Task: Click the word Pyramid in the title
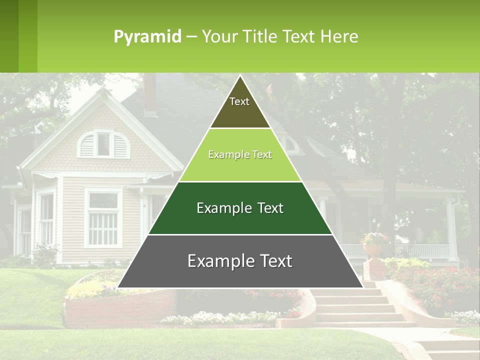click(147, 36)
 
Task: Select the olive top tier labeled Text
click(239, 107)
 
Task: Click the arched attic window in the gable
click(103, 144)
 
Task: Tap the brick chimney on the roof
click(149, 95)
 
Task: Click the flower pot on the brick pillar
click(375, 248)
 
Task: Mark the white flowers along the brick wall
click(220, 317)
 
